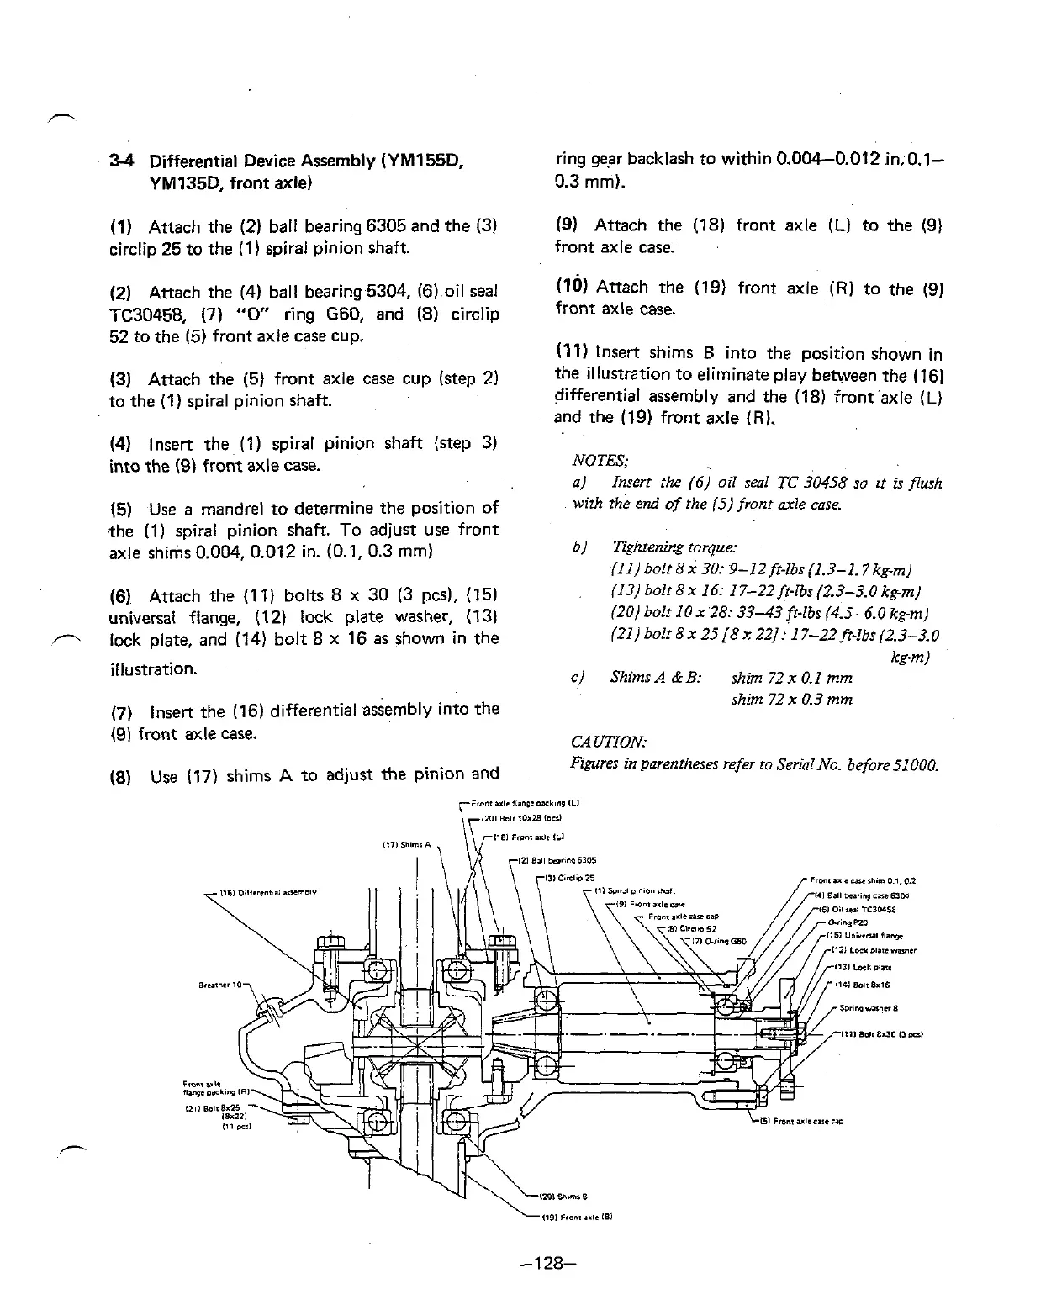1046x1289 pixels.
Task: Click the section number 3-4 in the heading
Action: (x=121, y=161)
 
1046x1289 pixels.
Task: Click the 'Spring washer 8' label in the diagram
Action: (x=868, y=1008)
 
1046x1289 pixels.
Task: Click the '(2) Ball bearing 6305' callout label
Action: (x=556, y=860)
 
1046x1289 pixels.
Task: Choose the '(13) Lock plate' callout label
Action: (x=859, y=968)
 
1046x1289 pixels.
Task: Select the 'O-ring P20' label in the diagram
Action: (x=845, y=922)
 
